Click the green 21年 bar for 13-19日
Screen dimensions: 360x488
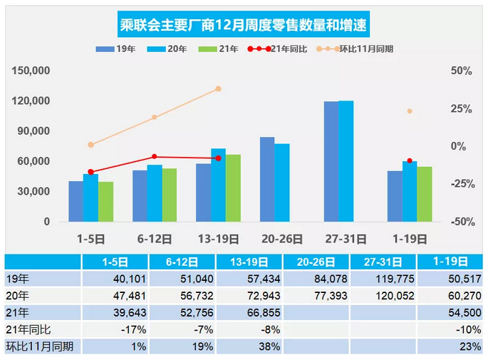(233, 188)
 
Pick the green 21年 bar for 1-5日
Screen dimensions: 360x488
(105, 202)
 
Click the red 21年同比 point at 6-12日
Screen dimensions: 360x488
(154, 157)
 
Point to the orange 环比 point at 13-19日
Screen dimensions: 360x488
(218, 89)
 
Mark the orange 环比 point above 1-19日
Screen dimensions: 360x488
(409, 111)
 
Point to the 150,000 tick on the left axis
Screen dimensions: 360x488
(31, 71)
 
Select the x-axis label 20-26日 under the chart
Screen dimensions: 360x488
(282, 239)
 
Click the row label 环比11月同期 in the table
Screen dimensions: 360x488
(34, 346)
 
